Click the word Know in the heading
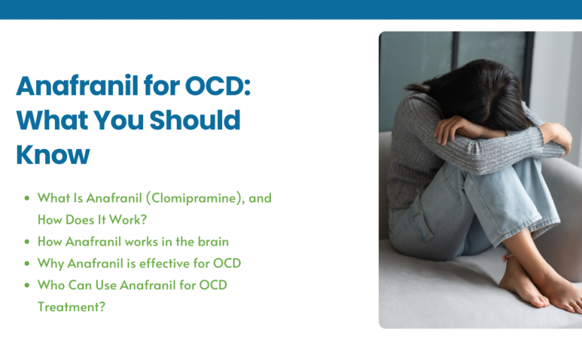53,153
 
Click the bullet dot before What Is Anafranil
27,198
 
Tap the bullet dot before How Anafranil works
27,241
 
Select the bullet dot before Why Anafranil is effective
27,263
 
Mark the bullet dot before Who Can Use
27,285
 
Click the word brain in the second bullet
212,241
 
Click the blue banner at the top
291,9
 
